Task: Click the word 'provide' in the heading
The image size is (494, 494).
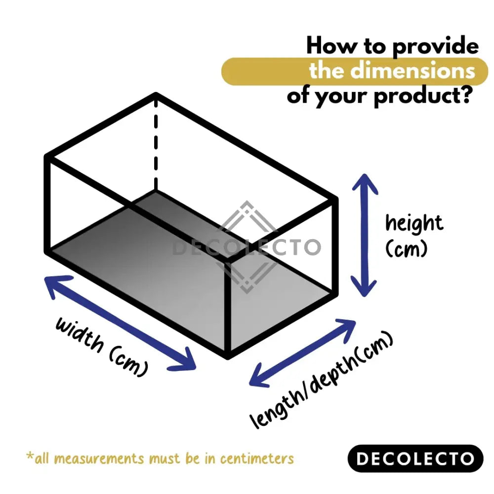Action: tap(435, 47)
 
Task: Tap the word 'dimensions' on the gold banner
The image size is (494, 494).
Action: tap(412, 71)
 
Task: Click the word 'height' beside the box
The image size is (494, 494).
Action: tap(414, 223)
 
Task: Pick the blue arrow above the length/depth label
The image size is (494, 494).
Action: tap(302, 352)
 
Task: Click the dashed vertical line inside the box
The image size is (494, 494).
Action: tap(156, 143)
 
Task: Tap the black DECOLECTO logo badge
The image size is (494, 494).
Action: tap(415, 458)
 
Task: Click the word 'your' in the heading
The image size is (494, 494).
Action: tap(343, 95)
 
